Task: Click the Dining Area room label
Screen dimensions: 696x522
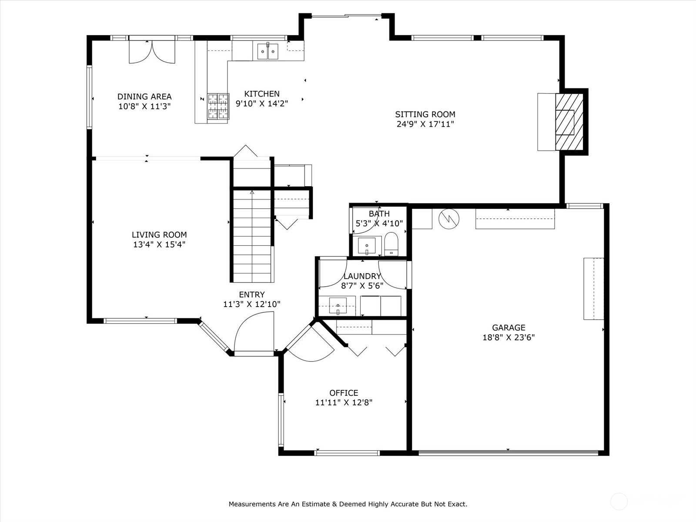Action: [144, 96]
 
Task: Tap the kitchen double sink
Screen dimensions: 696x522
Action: [268, 51]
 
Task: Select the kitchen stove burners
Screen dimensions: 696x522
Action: [218, 106]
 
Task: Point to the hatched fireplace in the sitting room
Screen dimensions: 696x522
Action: [569, 122]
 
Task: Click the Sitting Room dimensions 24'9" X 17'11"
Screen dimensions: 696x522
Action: [425, 124]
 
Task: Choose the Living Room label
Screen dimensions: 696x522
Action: [159, 235]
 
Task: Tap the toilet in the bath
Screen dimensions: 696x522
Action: [391, 244]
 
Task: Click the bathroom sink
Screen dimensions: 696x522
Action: [367, 246]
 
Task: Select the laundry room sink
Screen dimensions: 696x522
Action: [338, 305]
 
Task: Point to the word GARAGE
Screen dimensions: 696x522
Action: [509, 328]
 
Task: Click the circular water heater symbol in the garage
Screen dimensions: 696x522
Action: [449, 218]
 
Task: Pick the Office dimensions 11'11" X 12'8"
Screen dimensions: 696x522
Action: [344, 402]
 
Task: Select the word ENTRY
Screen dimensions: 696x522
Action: [252, 294]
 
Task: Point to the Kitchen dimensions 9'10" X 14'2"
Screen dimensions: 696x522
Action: [262, 104]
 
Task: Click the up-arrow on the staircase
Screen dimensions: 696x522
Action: [252, 192]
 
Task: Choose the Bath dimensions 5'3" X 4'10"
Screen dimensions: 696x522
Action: [379, 224]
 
